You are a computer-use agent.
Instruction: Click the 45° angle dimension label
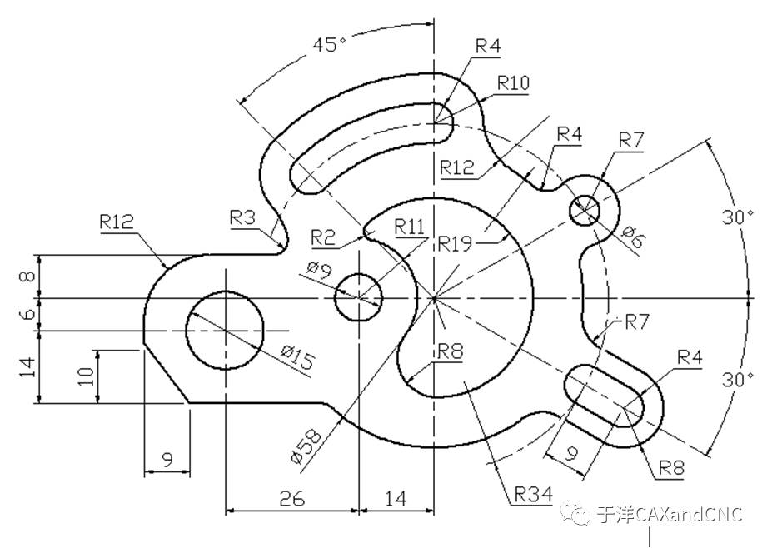tap(329, 44)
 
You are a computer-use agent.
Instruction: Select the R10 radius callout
tap(513, 82)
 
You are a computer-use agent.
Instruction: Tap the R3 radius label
tap(242, 217)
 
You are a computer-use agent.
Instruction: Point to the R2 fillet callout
tap(323, 238)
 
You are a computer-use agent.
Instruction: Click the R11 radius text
tap(410, 227)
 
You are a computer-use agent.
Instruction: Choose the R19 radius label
tap(455, 243)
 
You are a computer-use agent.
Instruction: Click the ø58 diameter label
tap(306, 446)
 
